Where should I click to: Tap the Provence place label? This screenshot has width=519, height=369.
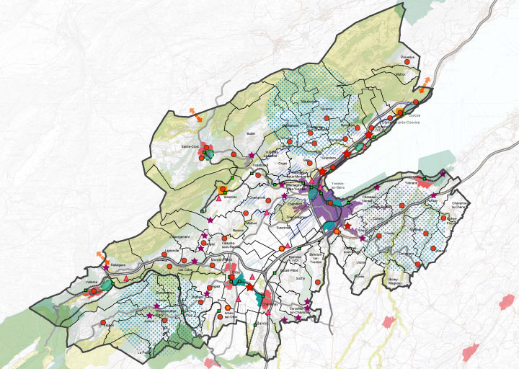[409, 57]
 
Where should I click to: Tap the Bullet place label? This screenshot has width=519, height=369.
[251, 133]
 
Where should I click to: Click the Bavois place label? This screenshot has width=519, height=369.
[261, 324]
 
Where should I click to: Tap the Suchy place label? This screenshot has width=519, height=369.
[301, 276]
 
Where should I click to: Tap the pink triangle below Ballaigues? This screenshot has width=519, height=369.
[127, 278]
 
